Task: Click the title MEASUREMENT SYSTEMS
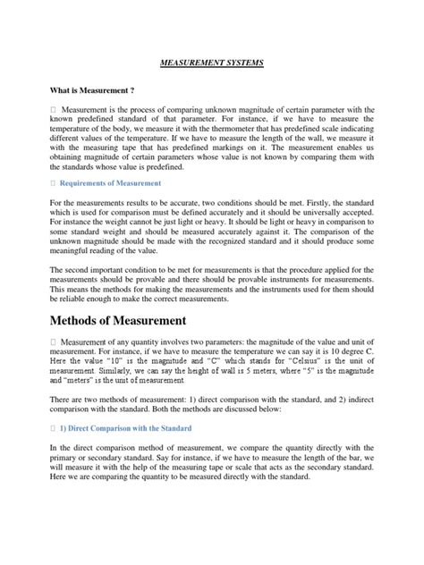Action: click(x=212, y=64)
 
